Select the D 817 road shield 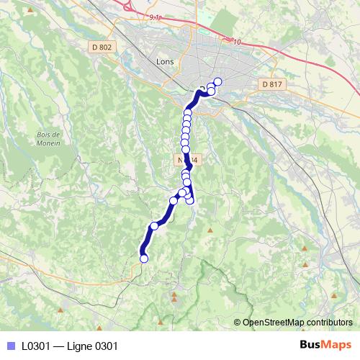click(x=272, y=84)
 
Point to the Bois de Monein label click(x=48, y=138)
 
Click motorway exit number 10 click(x=236, y=42)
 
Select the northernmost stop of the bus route click(x=217, y=81)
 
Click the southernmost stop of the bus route click(x=143, y=258)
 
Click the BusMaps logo click(x=326, y=346)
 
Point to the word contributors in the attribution click(x=330, y=323)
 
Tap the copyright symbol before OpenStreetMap click(x=238, y=323)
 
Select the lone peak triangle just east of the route click(x=210, y=230)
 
